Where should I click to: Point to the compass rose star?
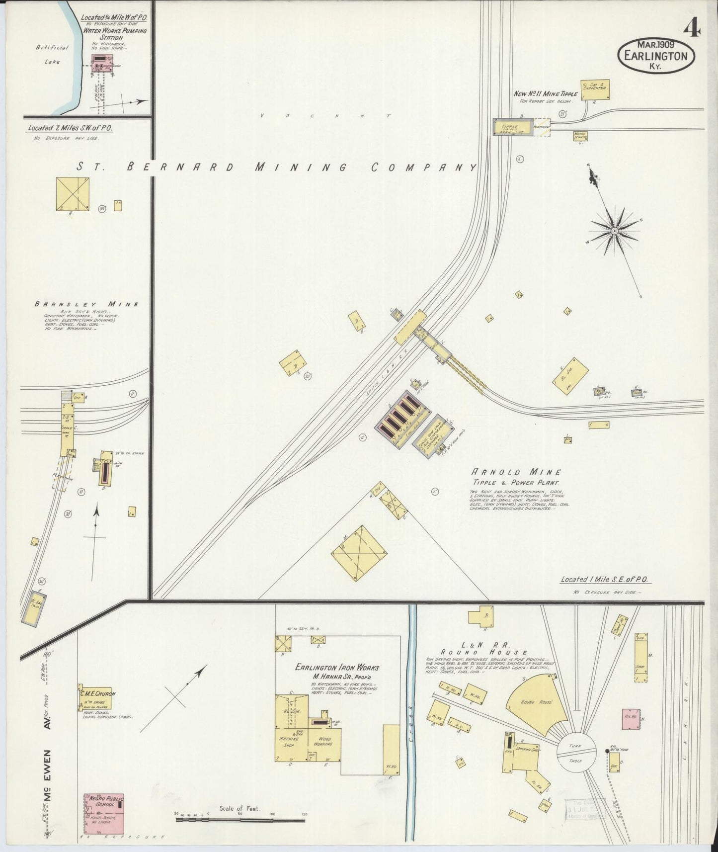pyautogui.click(x=615, y=232)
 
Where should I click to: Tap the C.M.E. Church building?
pyautogui.click(x=94, y=698)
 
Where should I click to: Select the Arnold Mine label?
pyautogui.click(x=516, y=472)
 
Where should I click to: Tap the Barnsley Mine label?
pyautogui.click(x=86, y=304)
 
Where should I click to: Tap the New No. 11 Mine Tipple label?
pyautogui.click(x=546, y=93)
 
